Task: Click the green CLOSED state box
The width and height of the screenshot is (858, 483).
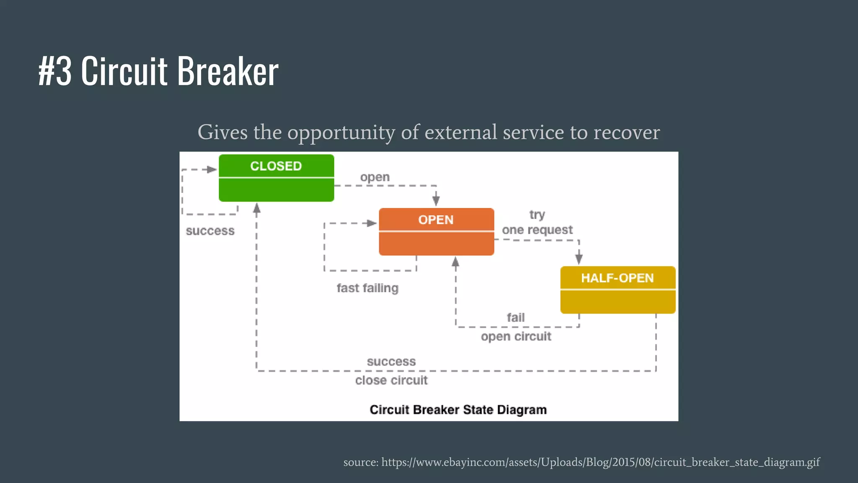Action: click(x=276, y=178)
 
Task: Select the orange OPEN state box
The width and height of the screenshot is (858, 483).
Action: click(x=436, y=231)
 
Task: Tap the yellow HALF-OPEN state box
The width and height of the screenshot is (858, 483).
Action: click(x=618, y=290)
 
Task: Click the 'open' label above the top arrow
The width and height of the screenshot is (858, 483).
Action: click(x=375, y=177)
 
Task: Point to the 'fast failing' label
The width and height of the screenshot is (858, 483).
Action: click(x=367, y=288)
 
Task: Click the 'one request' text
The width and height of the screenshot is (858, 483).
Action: click(x=537, y=230)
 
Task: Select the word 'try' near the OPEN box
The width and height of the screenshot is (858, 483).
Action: click(x=537, y=215)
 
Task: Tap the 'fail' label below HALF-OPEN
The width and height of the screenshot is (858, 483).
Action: click(x=515, y=317)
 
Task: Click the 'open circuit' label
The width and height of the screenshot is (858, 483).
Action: click(x=516, y=336)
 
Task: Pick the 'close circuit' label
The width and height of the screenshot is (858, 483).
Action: click(x=391, y=380)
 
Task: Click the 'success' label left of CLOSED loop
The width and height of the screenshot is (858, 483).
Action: click(x=210, y=231)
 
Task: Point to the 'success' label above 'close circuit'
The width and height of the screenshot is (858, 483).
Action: click(x=391, y=361)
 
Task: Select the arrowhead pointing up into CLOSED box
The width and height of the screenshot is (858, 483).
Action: click(x=257, y=208)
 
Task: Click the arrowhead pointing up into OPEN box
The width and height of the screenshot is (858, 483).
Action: click(x=455, y=262)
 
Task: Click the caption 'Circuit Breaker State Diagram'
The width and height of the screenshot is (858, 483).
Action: click(x=458, y=410)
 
